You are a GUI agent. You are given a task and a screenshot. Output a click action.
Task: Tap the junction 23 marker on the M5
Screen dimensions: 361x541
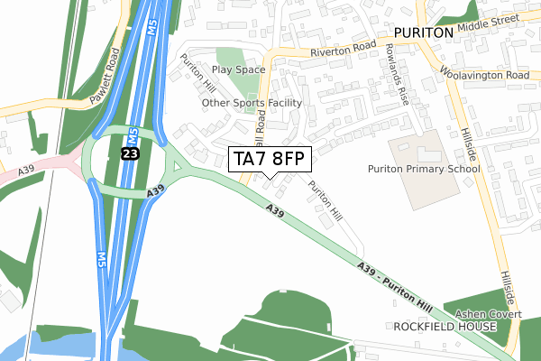[x=130, y=155]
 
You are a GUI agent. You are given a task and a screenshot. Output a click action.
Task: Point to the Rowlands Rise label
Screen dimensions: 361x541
[x=397, y=74]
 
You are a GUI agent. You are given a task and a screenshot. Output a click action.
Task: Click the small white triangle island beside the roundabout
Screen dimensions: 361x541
[x=177, y=166]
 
